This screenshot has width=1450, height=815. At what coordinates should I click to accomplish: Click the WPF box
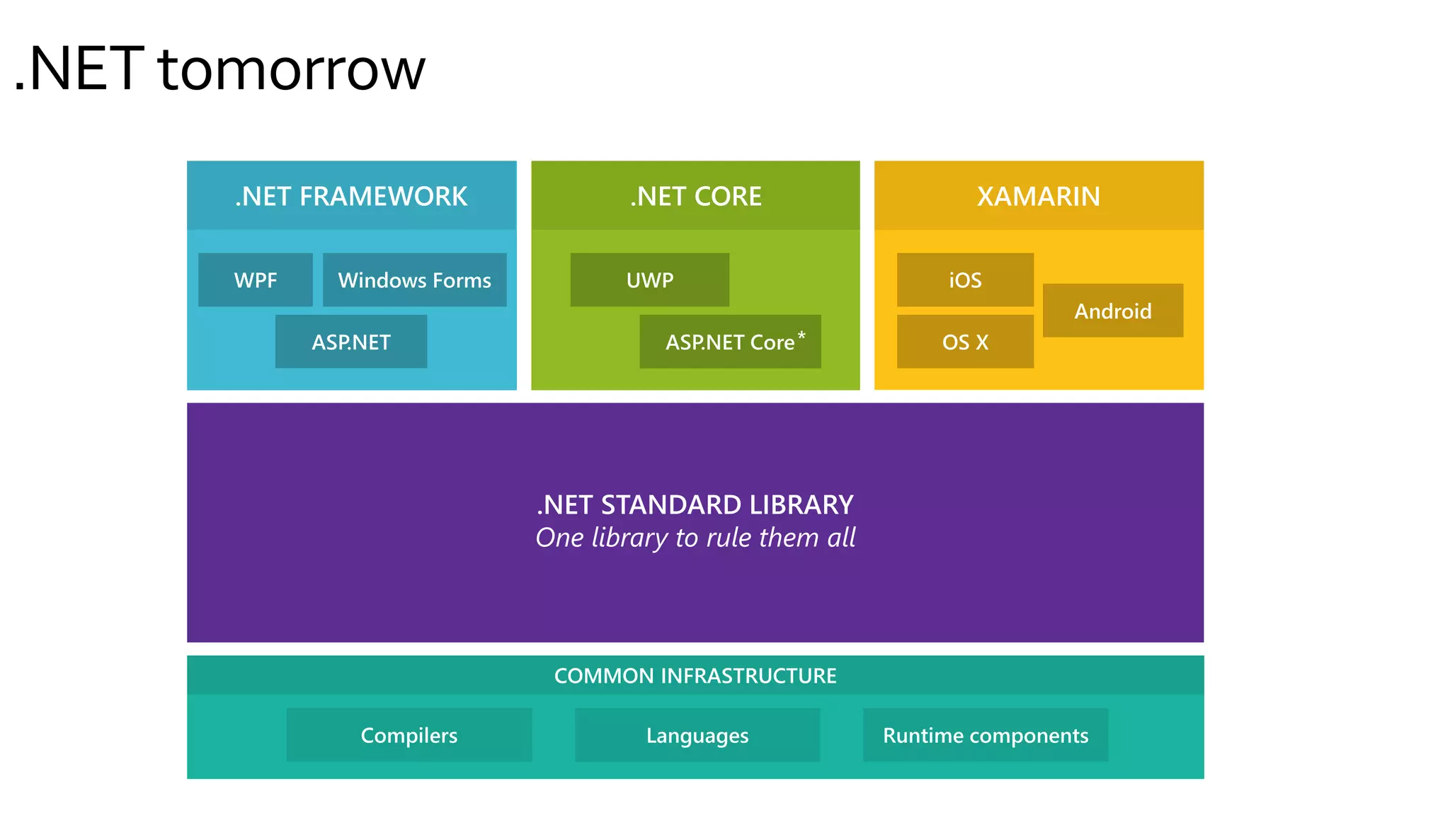coord(255,280)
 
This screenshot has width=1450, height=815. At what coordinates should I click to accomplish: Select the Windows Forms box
coord(414,280)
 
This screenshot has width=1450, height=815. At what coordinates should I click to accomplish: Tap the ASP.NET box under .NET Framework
coord(351,342)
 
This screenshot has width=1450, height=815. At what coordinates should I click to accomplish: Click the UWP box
coord(649,280)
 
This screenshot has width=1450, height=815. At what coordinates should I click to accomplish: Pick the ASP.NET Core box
coord(729,342)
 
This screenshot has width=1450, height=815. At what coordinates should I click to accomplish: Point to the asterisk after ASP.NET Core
coord(801,335)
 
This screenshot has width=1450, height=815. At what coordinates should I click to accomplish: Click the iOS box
coord(965,280)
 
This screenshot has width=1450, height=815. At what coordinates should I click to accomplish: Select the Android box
coord(1112,311)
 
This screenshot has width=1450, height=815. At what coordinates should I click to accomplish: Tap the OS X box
coord(965,342)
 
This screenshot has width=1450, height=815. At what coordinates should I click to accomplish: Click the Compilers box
coord(409,735)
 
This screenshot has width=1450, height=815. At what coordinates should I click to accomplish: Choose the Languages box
coord(697,735)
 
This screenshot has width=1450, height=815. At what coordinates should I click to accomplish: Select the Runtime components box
coord(986,735)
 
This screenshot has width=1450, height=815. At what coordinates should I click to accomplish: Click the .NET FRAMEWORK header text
coord(351,196)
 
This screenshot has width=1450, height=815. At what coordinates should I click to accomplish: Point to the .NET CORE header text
coord(696,196)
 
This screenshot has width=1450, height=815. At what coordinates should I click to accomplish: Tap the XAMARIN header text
coord(1039,196)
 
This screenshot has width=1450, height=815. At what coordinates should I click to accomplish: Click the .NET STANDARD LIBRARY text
coord(695,504)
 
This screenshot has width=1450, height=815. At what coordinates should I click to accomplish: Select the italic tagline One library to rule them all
coord(695,538)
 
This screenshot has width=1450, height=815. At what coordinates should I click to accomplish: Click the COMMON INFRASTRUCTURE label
coord(695,676)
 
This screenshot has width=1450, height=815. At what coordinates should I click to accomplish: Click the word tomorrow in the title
coord(291,70)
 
